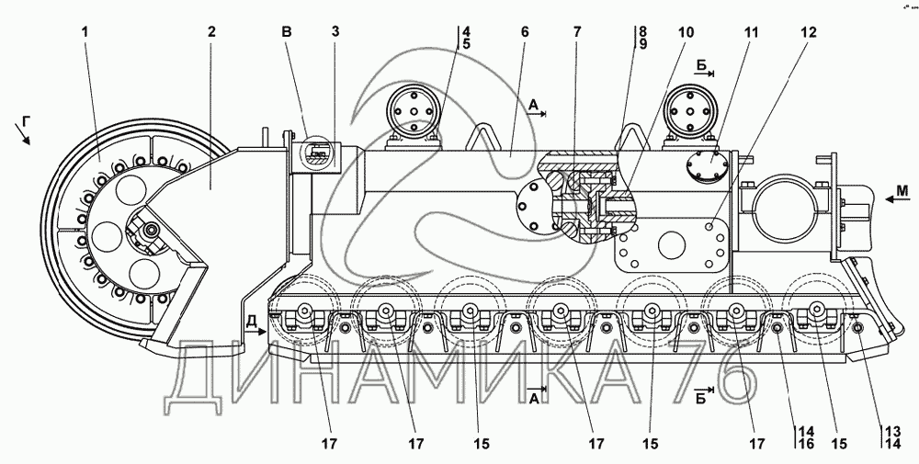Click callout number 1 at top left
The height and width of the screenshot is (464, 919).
point(85,31)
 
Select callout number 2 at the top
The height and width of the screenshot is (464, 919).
point(211,31)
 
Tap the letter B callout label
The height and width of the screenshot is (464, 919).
point(287,31)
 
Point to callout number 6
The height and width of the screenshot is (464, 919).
point(524,31)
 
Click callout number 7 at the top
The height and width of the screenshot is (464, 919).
point(577,31)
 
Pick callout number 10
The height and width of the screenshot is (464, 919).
point(686,31)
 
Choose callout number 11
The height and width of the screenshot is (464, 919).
point(751,31)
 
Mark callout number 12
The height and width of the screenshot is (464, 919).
point(808,31)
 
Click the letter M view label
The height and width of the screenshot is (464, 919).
point(902,190)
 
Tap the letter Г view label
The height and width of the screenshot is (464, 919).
point(26,121)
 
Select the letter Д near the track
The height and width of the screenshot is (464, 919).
point(251,322)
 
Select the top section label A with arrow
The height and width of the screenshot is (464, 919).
point(537,108)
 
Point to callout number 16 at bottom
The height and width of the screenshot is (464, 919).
point(806,444)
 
